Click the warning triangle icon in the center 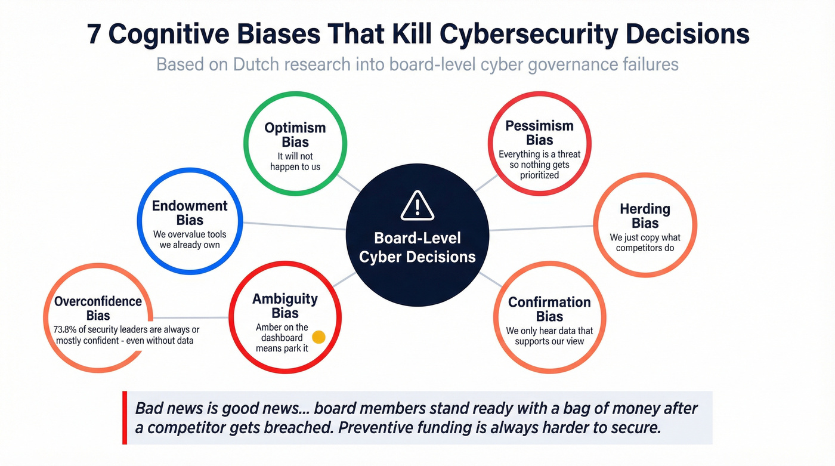click(x=417, y=206)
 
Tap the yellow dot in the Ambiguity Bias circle click(x=318, y=337)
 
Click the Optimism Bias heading click(x=295, y=135)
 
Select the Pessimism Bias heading click(x=539, y=133)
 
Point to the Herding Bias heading click(x=645, y=216)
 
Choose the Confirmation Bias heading click(x=549, y=309)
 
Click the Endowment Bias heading click(x=190, y=213)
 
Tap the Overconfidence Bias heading click(x=98, y=308)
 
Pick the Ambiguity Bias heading click(x=285, y=306)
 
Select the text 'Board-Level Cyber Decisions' click(x=417, y=248)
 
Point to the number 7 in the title click(x=94, y=35)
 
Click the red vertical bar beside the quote click(x=125, y=418)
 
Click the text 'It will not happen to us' click(x=295, y=162)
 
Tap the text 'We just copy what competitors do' click(x=645, y=242)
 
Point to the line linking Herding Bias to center click(x=542, y=228)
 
